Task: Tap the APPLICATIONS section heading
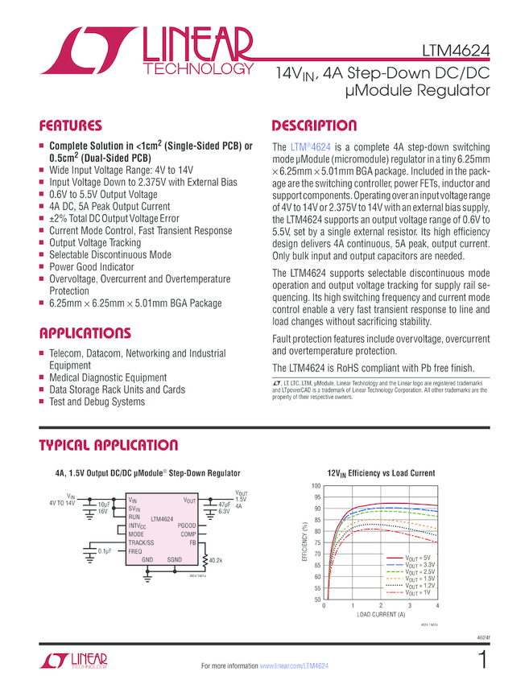pyautogui.click(x=85, y=333)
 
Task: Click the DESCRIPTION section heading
pyautogui.click(x=314, y=126)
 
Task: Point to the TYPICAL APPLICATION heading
pyautogui.click(x=109, y=446)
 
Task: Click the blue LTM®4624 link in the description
pyautogui.click(x=311, y=147)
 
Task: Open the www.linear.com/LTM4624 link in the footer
pyautogui.click(x=294, y=666)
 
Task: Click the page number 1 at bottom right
pyautogui.click(x=481, y=661)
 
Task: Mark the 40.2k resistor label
pyautogui.click(x=216, y=560)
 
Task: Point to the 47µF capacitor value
pyautogui.click(x=225, y=504)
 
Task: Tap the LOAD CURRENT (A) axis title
pyautogui.click(x=381, y=615)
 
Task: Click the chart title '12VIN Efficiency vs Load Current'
pyautogui.click(x=380, y=473)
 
